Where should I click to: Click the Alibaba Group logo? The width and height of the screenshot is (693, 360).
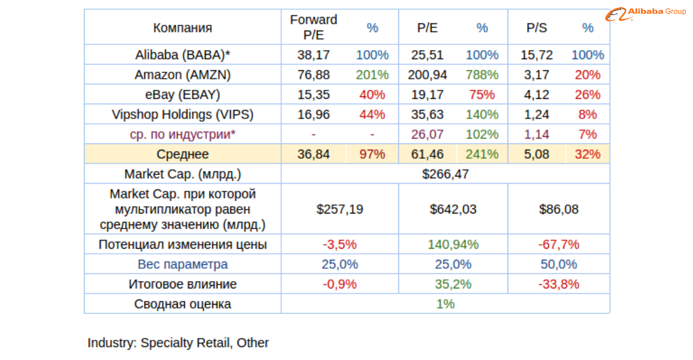tap(648, 12)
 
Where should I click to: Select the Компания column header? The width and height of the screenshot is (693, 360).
tap(182, 27)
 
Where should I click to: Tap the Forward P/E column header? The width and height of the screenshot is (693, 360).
tap(314, 27)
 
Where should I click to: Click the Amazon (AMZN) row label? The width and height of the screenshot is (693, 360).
tap(182, 75)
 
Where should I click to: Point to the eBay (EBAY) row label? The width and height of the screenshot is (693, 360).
tap(182, 94)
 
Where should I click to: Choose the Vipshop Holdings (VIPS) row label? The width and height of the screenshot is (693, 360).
tap(182, 115)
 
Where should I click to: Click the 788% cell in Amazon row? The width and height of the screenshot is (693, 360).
tap(482, 75)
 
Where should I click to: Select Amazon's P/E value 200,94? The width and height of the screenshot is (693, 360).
tap(428, 75)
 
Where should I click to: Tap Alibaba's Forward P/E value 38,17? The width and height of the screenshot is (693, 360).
tap(314, 55)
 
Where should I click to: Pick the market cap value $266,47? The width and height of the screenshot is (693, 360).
tap(445, 174)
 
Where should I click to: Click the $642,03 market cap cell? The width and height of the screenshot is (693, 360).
tap(453, 209)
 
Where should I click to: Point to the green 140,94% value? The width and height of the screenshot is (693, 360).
tap(453, 245)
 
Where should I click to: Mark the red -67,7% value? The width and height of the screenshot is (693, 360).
tap(559, 245)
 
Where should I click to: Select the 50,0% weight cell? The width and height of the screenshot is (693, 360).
tap(559, 264)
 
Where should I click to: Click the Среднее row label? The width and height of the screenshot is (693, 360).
tap(182, 154)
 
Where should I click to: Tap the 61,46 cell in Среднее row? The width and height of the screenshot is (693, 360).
tap(428, 154)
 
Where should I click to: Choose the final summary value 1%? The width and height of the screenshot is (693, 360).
tap(445, 304)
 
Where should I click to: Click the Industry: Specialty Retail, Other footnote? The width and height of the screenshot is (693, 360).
tap(178, 342)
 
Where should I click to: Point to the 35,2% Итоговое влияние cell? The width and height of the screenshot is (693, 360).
tap(453, 284)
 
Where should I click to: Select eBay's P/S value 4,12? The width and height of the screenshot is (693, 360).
tap(537, 94)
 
